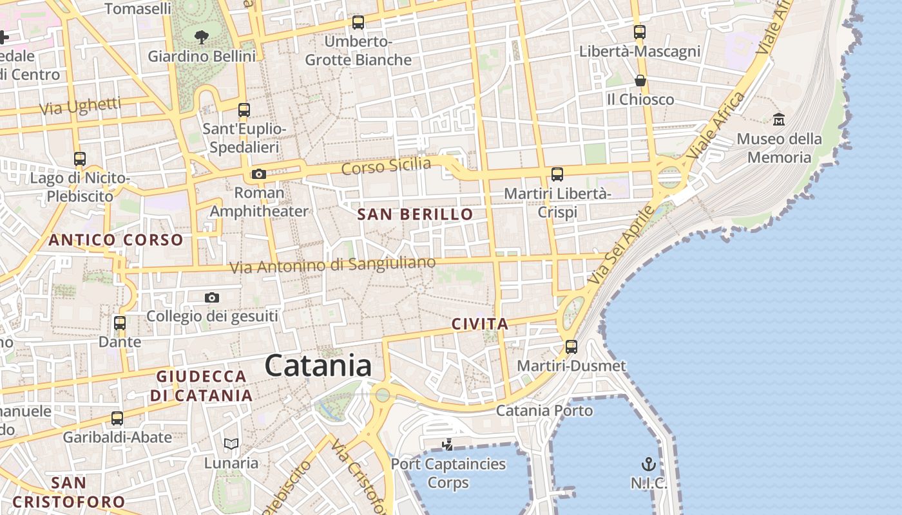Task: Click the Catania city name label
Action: coord(318,366)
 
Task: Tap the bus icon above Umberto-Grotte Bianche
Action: coord(358,23)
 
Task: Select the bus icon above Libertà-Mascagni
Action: coord(639,32)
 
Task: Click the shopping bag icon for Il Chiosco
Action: coord(640,80)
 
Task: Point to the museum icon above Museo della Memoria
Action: coord(779,119)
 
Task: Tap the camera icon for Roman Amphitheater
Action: coord(259,174)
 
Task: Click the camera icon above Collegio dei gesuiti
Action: coord(212,297)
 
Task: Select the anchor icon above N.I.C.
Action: coord(648,464)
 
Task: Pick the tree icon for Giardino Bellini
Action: coord(202,37)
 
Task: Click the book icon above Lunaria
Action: coord(231,444)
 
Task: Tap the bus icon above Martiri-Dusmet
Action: coord(571,347)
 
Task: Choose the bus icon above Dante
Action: coord(120,323)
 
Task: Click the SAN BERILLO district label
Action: coord(415,214)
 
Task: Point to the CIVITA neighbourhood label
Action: coord(480,324)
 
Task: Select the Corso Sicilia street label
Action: coord(386,166)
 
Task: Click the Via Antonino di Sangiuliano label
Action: coord(332,265)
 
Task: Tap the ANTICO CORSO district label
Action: coord(116,240)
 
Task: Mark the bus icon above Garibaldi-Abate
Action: coord(117,418)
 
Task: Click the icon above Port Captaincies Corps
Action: coord(447,444)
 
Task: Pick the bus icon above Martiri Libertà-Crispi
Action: coord(557,174)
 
